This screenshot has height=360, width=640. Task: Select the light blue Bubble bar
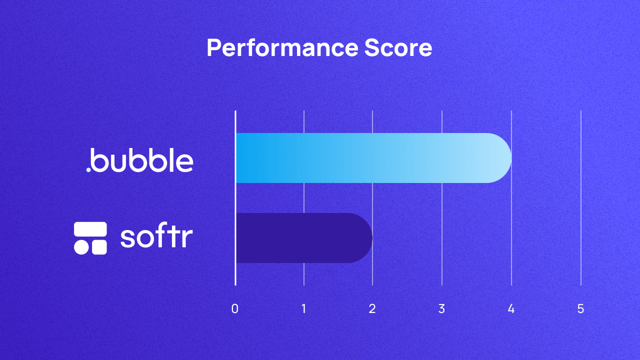372,158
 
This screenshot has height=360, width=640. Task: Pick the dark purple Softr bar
303,238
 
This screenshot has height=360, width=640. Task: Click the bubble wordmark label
142,160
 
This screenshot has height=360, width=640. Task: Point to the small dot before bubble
88,170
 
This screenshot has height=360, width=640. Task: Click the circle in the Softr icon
81,247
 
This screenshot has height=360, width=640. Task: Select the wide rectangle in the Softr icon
90,229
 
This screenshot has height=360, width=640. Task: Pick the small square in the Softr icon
99,247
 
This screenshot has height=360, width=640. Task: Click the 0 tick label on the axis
235,309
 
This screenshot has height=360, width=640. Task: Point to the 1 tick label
304,309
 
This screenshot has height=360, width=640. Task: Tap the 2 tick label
372,309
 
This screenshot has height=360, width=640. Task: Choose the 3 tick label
441,309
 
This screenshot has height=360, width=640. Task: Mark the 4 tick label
511,309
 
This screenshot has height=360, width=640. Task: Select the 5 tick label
580,309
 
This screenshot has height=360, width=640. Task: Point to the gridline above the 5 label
581,200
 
